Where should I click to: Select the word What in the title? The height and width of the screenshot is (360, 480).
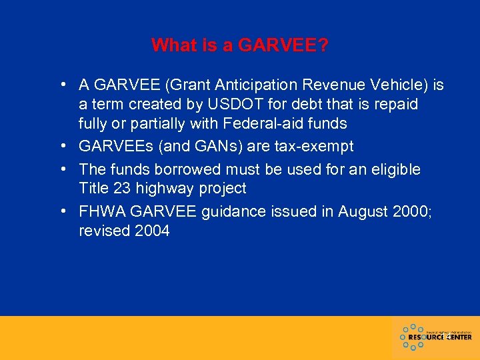point(173,45)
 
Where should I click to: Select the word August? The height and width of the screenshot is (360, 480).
point(361,212)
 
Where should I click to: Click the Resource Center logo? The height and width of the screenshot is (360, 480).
point(435,337)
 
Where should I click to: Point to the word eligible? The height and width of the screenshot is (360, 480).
point(396,169)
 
